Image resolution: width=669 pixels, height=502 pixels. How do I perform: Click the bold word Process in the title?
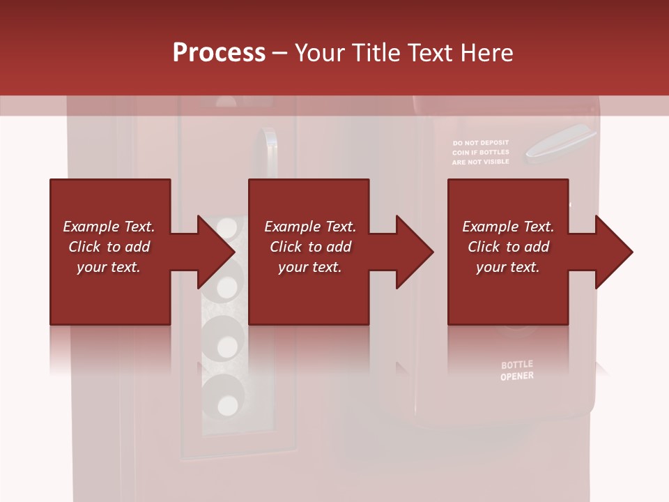tap(219, 53)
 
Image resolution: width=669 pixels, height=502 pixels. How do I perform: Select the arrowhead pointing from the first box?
tap(216, 252)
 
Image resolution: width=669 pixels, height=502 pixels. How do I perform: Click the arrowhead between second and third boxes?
tap(415, 252)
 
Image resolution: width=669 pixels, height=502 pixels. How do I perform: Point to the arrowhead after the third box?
tap(614, 252)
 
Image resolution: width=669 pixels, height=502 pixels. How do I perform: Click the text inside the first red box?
tap(109, 247)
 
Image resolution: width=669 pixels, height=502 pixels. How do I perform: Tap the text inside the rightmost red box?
tap(508, 247)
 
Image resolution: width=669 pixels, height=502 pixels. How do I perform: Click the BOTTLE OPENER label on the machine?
tap(517, 370)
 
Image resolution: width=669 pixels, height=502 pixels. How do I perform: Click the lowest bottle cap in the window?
tap(227, 404)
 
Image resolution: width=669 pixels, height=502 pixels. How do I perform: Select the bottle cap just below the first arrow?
tap(227, 286)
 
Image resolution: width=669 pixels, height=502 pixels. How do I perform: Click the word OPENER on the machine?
tap(517, 376)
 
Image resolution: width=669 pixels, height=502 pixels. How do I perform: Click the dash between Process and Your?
tap(280, 53)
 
